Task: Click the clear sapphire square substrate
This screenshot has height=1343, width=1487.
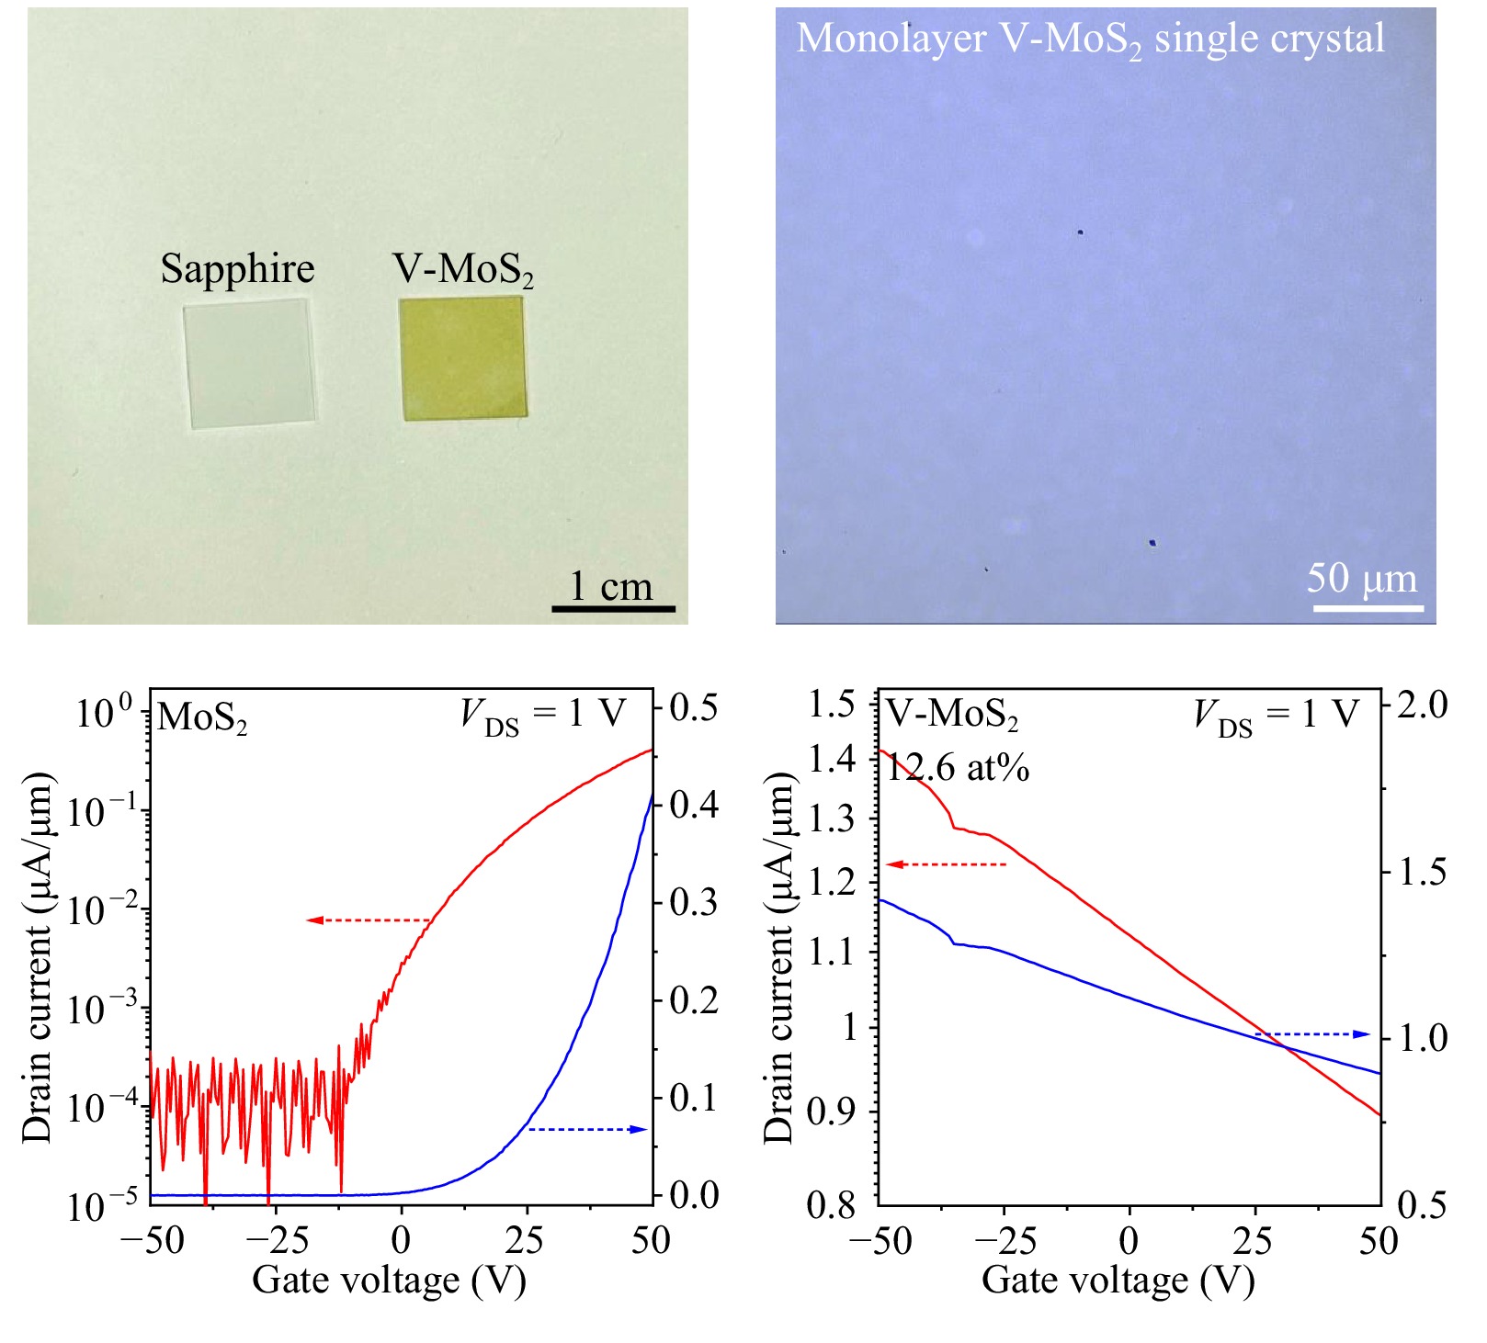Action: (x=250, y=364)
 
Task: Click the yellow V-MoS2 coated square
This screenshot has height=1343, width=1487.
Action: (x=463, y=358)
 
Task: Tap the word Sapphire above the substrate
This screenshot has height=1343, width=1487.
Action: (x=237, y=269)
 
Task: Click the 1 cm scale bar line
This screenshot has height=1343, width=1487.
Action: (x=613, y=608)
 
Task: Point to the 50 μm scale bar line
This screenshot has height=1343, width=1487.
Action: (x=1368, y=607)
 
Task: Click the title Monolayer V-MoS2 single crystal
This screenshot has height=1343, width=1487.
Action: (x=1090, y=39)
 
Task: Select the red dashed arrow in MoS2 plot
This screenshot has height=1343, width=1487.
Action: (x=369, y=920)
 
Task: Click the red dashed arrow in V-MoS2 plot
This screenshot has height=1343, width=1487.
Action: (x=947, y=864)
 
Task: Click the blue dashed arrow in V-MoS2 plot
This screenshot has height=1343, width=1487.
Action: (x=1312, y=1034)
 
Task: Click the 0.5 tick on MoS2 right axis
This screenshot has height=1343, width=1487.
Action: (x=694, y=708)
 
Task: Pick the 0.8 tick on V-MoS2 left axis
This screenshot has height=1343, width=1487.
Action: (x=833, y=1203)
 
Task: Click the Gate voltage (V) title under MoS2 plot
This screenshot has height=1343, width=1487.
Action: (x=389, y=1280)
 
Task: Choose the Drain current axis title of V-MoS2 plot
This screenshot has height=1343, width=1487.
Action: (x=778, y=957)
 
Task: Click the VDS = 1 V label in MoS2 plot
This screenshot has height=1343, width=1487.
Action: (x=543, y=715)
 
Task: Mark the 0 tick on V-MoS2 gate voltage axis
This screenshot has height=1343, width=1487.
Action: (x=1129, y=1241)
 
